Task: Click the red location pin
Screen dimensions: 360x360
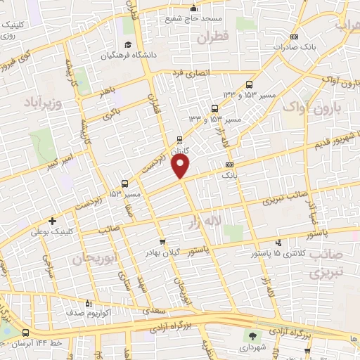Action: point(181,167)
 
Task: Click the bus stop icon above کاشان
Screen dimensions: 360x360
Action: point(181,139)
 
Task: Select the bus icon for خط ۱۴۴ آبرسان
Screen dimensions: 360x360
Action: point(26,333)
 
